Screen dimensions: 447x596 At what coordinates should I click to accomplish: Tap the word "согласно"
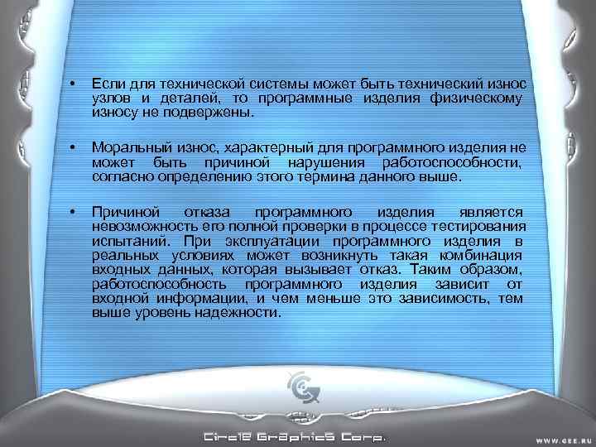tap(118, 175)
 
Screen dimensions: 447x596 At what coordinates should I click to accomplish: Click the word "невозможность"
tap(137, 226)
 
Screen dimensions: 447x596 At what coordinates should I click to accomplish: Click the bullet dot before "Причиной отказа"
tap(74, 212)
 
